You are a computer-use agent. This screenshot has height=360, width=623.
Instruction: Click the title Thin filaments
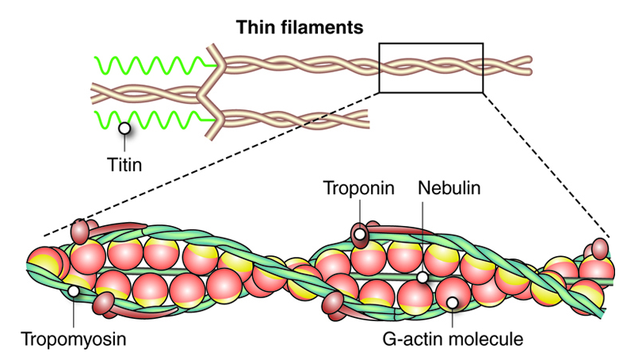coord(300,27)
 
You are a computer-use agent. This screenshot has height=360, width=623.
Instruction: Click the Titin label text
coord(124,167)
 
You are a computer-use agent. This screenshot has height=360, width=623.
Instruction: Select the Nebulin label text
coord(449,189)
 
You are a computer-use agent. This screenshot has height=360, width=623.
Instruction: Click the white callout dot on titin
coord(124,127)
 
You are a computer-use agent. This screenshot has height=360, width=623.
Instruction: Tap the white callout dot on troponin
coord(360,235)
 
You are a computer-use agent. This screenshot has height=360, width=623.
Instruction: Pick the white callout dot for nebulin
coord(423,278)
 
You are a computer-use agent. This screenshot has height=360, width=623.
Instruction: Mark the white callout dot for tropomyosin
coord(73,291)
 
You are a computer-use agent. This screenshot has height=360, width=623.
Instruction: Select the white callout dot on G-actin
coord(452,301)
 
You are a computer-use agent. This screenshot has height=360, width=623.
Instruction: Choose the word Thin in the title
coord(254,27)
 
